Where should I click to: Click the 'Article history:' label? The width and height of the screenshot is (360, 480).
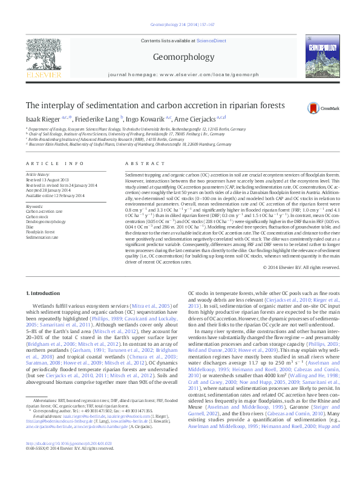38,174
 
